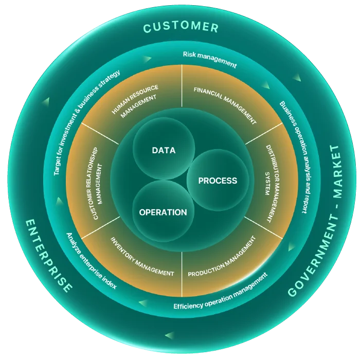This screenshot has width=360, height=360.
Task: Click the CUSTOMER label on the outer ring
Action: pyautogui.click(x=181, y=27)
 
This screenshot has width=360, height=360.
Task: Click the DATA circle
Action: pyautogui.click(x=164, y=151)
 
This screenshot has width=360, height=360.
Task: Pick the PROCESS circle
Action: pyautogui.click(x=218, y=181)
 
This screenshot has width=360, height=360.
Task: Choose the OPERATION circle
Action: pyautogui.click(x=163, y=212)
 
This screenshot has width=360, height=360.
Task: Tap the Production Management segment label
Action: pyautogui.click(x=222, y=257)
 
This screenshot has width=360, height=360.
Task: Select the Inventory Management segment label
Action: pyautogui.click(x=142, y=256)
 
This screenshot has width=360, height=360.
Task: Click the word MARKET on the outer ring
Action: pyautogui.click(x=334, y=171)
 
